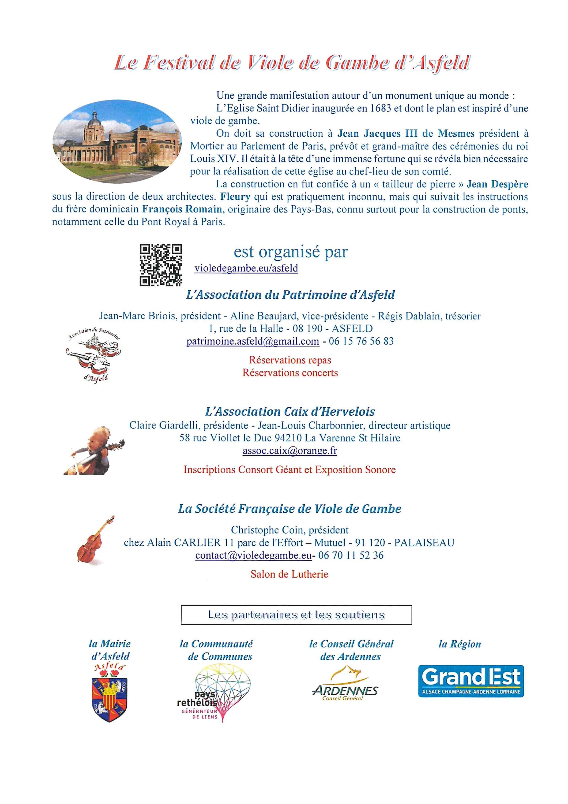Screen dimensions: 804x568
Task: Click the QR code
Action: (x=161, y=265)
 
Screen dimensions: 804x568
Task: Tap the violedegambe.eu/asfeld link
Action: (x=246, y=268)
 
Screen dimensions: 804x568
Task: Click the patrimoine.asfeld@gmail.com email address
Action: (x=253, y=341)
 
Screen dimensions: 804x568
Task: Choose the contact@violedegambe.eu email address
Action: (x=253, y=555)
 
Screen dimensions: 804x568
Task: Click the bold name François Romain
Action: (x=182, y=209)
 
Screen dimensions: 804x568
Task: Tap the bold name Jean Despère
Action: (x=497, y=184)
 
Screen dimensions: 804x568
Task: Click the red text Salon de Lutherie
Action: (x=289, y=574)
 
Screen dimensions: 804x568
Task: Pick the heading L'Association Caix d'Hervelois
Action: (x=290, y=411)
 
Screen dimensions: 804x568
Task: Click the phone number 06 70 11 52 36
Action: (x=351, y=555)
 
